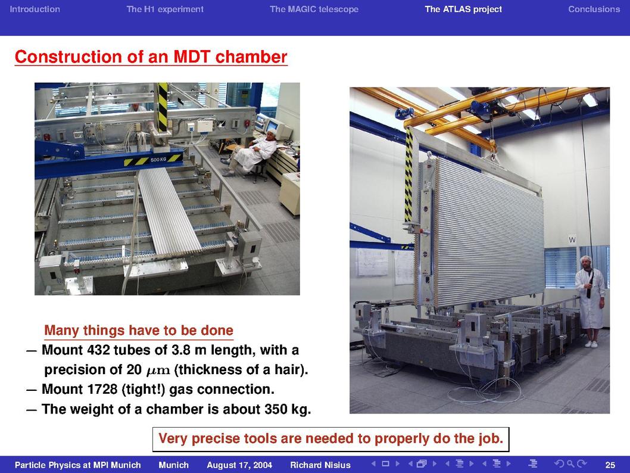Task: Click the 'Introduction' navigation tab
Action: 35,10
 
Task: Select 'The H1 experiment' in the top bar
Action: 165,10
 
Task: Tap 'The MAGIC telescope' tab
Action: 314,10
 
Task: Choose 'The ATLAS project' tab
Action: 463,10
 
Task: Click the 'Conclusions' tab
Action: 594,10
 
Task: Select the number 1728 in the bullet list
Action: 100,390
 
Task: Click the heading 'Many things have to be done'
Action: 139,331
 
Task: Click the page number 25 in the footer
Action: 610,465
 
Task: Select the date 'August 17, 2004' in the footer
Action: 239,465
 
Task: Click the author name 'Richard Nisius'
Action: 320,465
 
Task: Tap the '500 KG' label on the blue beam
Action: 158,160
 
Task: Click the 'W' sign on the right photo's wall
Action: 572,239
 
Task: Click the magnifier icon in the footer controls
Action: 570,463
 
